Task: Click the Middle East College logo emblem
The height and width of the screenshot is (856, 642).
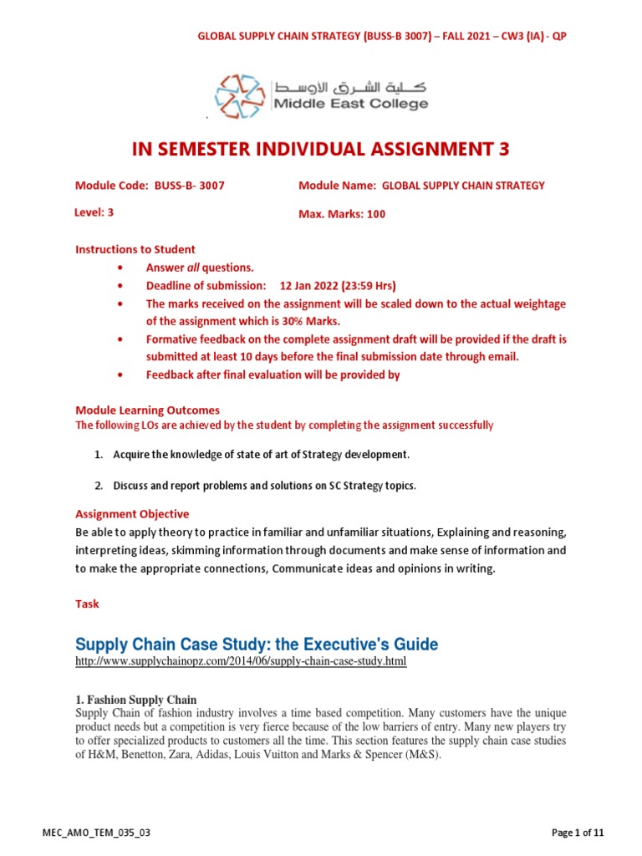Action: tap(240, 96)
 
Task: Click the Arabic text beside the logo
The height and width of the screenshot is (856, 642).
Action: tap(350, 85)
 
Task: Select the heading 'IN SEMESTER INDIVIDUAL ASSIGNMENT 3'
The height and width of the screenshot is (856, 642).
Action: tap(321, 149)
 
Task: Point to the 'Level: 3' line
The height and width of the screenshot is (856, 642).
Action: tap(94, 212)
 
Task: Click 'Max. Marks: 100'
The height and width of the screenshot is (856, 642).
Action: tap(342, 214)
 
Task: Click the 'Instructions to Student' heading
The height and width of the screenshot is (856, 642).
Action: tap(135, 249)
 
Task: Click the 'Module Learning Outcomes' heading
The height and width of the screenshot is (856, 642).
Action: tap(147, 410)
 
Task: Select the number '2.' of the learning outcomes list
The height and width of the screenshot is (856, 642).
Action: tap(98, 485)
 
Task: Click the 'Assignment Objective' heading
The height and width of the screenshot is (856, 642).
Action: tap(132, 514)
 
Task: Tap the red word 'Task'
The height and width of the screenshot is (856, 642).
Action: tap(87, 603)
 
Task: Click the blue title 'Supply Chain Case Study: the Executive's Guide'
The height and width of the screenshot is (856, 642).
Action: tap(257, 645)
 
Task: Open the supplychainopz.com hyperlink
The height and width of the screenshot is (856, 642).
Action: tap(241, 661)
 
